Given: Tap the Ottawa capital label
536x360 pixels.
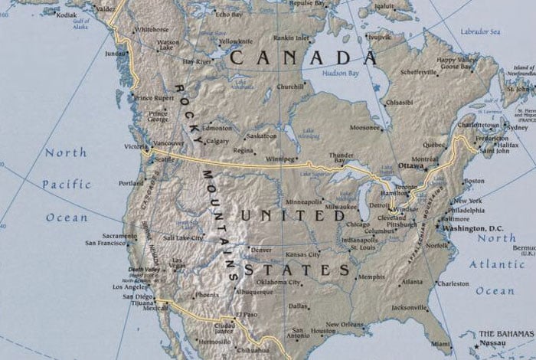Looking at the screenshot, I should (x=410, y=165).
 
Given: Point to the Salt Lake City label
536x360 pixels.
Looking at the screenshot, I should (x=183, y=238).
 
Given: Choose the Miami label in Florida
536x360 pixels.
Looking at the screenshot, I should (x=440, y=343).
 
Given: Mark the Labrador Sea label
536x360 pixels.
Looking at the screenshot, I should (x=480, y=31).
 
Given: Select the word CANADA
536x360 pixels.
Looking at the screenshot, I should (x=303, y=57).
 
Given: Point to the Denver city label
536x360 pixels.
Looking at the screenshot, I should (x=261, y=250).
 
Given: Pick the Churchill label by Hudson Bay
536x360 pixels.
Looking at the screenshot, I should (x=290, y=87).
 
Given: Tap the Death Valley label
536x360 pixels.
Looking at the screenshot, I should (x=144, y=269).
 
